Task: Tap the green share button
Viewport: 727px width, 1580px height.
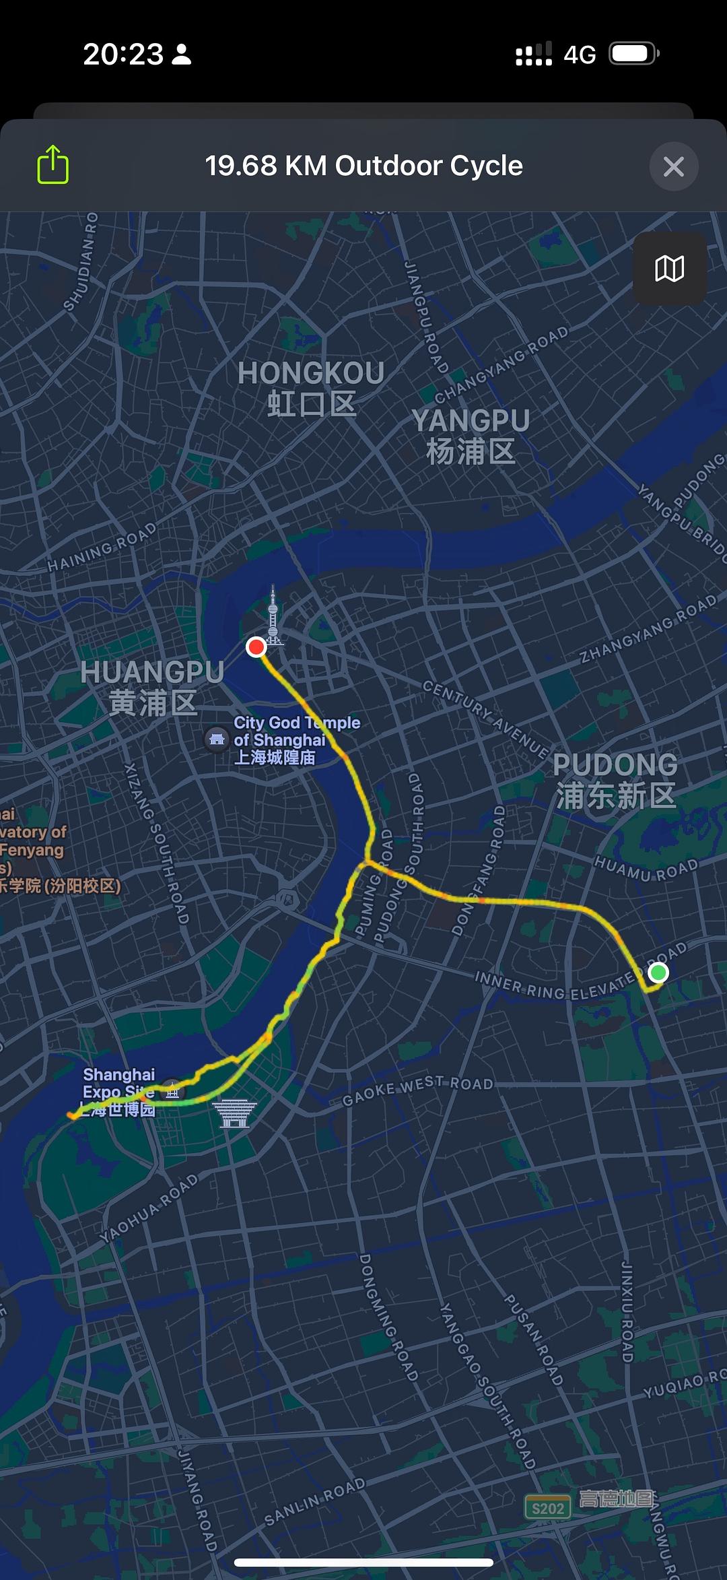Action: (53, 165)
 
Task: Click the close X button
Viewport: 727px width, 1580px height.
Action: (673, 166)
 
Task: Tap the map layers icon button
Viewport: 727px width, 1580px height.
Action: (669, 269)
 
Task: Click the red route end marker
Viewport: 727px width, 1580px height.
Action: (256, 647)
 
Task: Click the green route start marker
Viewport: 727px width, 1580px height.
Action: (658, 973)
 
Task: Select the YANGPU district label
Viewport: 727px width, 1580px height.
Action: (471, 436)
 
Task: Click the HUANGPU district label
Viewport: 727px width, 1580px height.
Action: (152, 687)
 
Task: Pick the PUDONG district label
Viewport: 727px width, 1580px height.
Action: (615, 780)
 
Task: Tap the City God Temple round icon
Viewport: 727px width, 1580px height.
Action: (217, 739)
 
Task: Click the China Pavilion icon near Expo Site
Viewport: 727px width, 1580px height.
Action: (234, 1114)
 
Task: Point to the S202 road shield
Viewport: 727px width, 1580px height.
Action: (547, 1509)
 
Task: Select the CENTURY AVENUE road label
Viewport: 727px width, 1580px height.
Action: (485, 718)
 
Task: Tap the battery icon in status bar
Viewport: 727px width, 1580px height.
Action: (633, 54)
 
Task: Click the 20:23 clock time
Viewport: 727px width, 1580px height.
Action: (123, 54)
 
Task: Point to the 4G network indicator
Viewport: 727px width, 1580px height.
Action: (580, 55)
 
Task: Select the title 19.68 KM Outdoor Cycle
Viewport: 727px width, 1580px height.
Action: (363, 166)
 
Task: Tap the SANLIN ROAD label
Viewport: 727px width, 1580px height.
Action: (314, 1501)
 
